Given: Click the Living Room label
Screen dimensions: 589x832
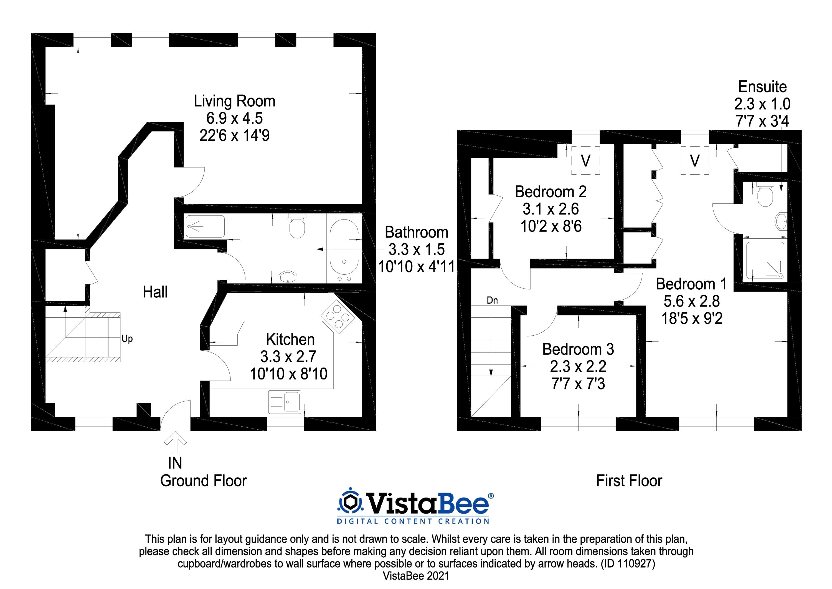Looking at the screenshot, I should [x=234, y=101].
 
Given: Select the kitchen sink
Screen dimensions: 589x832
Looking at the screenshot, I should [x=285, y=402].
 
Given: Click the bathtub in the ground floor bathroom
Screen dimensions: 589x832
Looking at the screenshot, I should [x=344, y=251].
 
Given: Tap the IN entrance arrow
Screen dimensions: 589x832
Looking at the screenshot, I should [x=175, y=442].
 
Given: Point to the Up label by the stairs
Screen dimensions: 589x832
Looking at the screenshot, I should [x=127, y=339].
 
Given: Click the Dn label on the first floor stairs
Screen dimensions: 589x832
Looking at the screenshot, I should [x=492, y=300].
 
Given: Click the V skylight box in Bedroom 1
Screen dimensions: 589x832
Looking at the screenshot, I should [x=694, y=160].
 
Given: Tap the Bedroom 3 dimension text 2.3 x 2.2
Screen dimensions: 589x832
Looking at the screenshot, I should [x=578, y=367].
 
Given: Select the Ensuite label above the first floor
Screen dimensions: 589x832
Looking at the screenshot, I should [x=762, y=87].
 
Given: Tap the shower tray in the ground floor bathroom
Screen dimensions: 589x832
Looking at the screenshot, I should [x=205, y=226].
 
